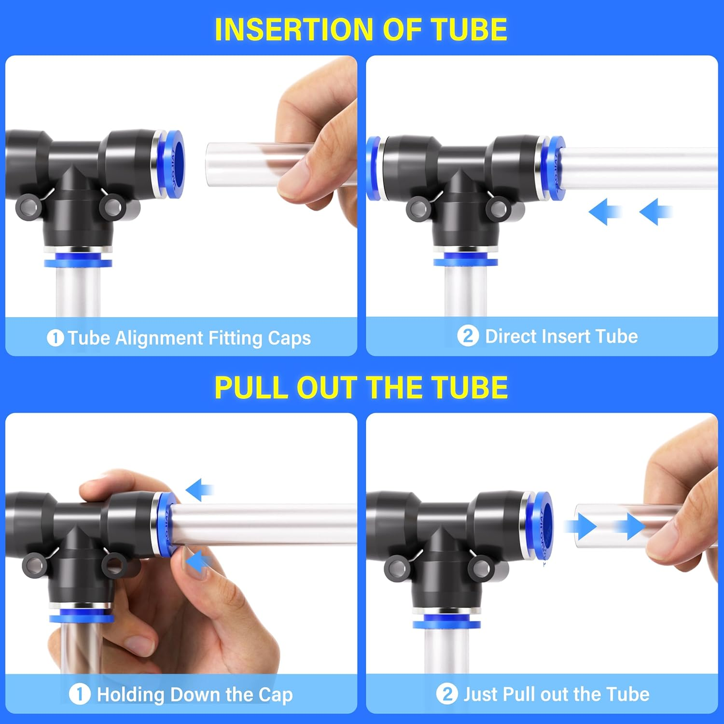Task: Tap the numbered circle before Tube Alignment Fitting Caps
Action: [x=55, y=338]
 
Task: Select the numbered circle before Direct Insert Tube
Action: [x=468, y=336]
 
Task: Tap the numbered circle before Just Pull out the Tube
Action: [x=447, y=694]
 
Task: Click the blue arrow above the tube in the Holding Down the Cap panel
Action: [x=199, y=490]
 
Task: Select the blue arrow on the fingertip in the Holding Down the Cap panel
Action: [x=198, y=562]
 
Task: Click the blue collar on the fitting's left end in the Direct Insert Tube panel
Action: [x=373, y=168]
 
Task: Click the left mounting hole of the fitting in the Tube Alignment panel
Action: [x=27, y=207]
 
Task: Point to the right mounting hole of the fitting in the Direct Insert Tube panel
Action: [x=498, y=209]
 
